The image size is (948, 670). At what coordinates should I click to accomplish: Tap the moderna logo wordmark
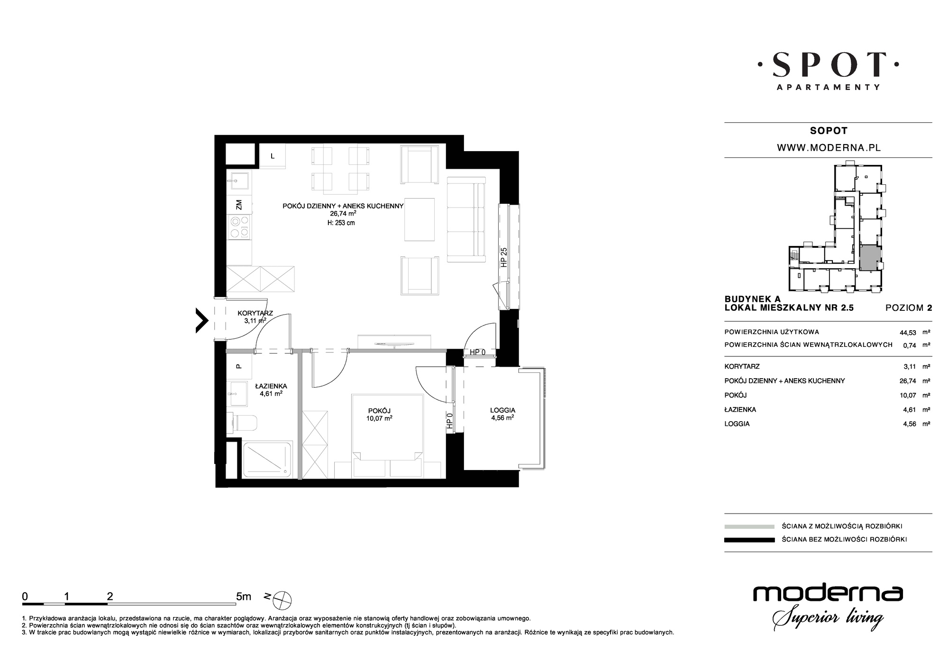pos(828,593)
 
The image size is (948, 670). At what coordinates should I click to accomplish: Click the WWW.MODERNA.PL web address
pos(829,148)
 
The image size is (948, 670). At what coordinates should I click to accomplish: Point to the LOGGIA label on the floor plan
pos(502,410)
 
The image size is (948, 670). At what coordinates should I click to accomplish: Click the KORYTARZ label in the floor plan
pos(255,313)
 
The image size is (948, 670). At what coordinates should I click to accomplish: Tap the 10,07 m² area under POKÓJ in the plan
pos(379,418)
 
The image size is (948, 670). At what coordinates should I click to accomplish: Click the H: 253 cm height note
pos(341,223)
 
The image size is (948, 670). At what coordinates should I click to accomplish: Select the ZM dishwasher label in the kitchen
pos(239,205)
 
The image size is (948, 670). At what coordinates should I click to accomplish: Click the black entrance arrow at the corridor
pos(202,320)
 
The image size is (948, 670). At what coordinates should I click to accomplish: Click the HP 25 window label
pos(504,257)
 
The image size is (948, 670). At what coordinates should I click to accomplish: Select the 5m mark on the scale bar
pos(244,597)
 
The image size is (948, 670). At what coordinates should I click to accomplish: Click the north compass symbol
pos(283,600)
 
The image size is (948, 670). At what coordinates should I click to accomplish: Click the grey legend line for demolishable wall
pos(749,526)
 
